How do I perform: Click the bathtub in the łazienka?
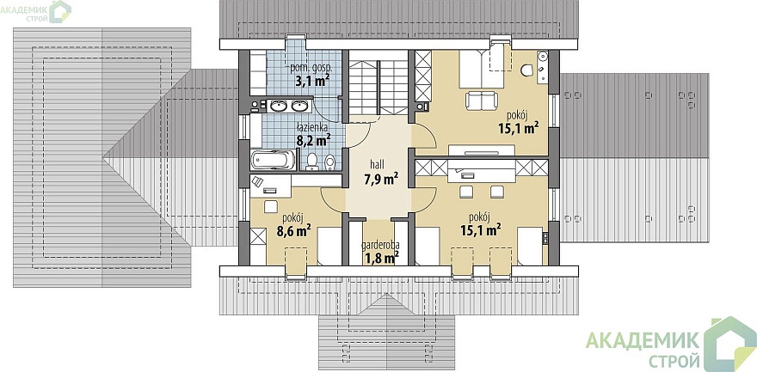[x=273, y=160]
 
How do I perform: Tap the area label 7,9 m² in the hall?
[x=381, y=180]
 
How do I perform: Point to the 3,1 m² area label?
[x=312, y=80]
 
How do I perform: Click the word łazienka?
[x=312, y=127]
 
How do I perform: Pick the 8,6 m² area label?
[x=293, y=231]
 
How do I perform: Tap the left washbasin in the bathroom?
[x=277, y=105]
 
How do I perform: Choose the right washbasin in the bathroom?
[x=299, y=105]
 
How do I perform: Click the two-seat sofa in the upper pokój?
[x=481, y=101]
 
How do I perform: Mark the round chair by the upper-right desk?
[x=526, y=70]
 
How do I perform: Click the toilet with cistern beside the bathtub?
[x=312, y=162]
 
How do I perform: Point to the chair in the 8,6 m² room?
[x=271, y=207]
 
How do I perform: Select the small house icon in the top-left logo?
[x=61, y=11]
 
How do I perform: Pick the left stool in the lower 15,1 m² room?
[x=466, y=192]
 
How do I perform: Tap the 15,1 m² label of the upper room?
[x=519, y=128]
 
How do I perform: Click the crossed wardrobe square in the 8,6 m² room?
[x=258, y=237]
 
